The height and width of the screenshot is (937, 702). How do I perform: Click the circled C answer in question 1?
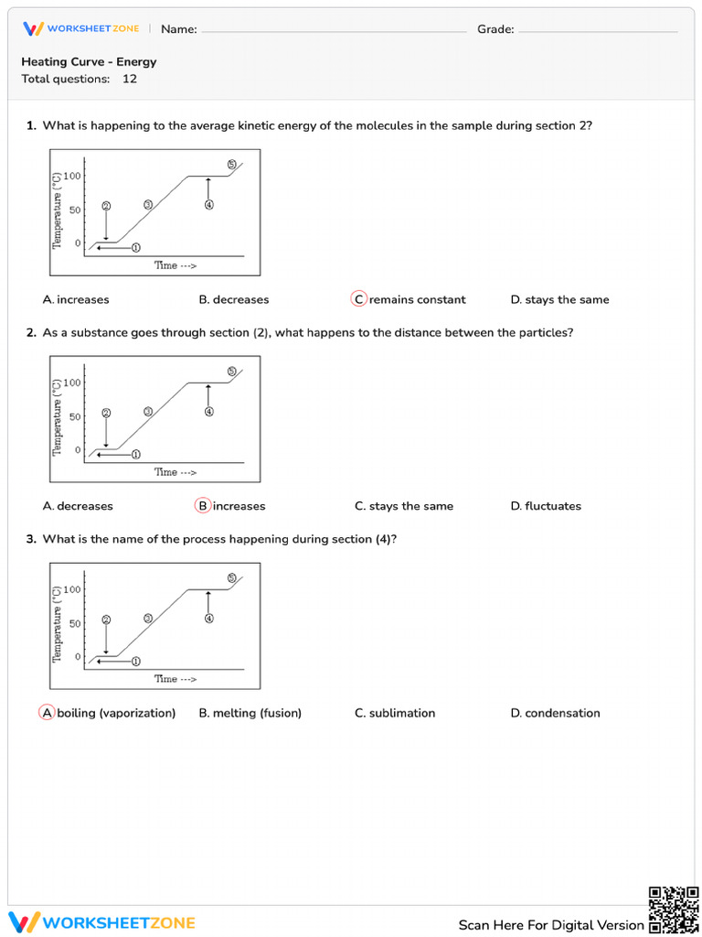(358, 299)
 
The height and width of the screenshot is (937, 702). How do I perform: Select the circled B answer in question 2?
(203, 506)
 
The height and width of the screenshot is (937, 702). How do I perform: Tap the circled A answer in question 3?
(47, 713)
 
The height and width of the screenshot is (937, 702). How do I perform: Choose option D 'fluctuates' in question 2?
(546, 506)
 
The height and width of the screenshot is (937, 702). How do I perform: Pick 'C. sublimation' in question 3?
(395, 713)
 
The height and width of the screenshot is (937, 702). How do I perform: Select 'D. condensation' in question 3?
(555, 713)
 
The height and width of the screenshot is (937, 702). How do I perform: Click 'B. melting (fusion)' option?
(250, 713)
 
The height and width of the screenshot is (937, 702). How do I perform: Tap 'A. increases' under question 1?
(76, 299)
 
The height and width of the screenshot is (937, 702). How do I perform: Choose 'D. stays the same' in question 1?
(559, 299)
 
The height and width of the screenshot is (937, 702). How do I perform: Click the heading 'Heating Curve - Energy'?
(89, 62)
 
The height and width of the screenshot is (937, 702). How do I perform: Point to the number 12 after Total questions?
(130, 79)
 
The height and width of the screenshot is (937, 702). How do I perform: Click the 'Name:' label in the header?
(179, 29)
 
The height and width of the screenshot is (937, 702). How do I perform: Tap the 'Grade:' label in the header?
(495, 29)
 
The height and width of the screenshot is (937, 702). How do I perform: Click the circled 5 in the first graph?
(231, 165)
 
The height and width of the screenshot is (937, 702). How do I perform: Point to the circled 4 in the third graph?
(209, 619)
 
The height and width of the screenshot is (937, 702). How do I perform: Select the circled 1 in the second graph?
(136, 454)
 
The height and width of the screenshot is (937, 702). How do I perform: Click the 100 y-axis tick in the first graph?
(72, 176)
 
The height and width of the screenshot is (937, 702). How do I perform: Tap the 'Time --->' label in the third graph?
(175, 679)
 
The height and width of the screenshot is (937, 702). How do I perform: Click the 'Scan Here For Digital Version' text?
(551, 925)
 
